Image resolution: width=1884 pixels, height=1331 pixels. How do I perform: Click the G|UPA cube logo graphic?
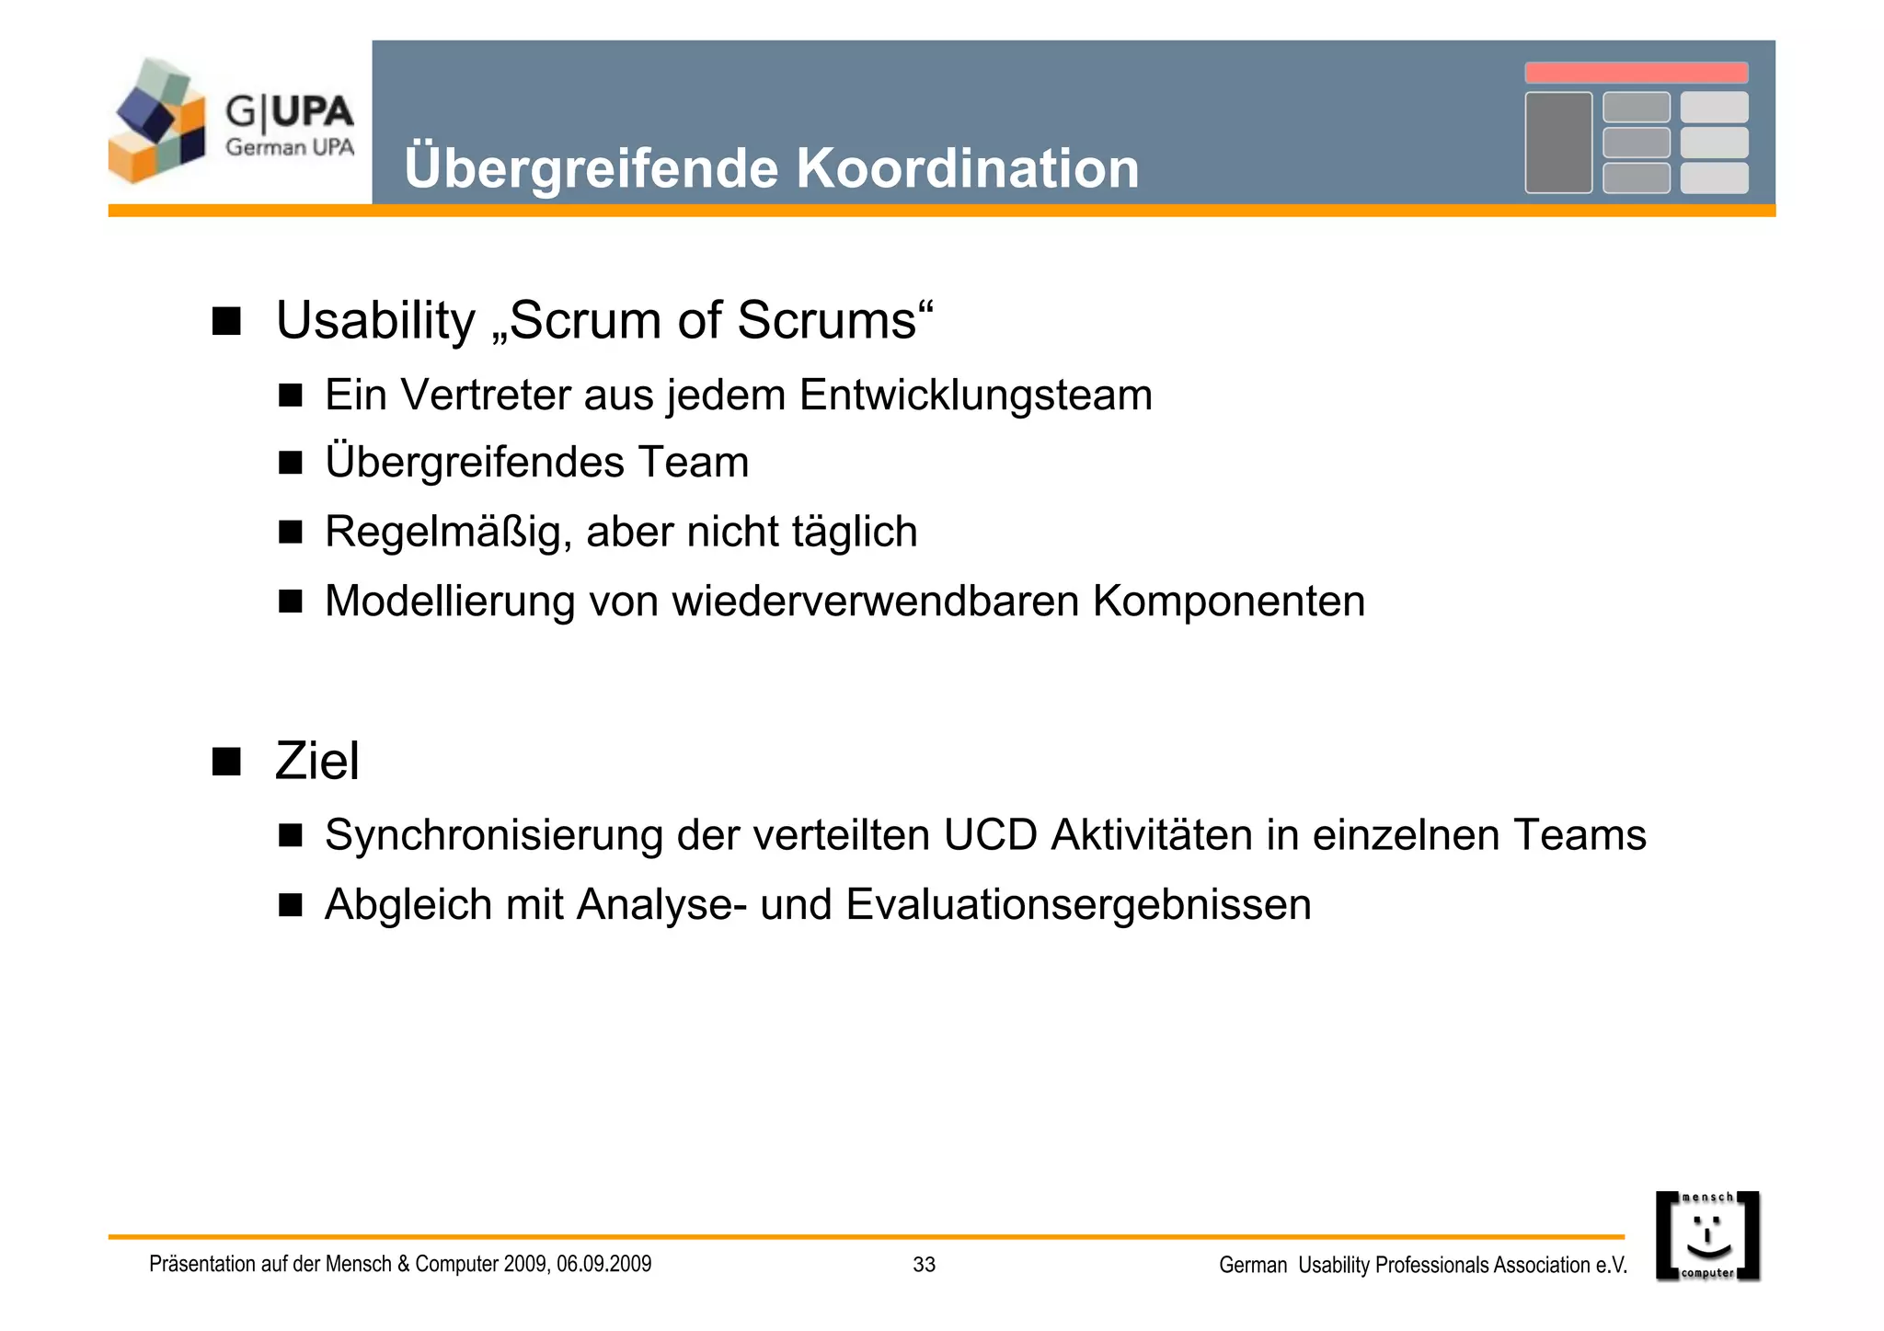(157, 120)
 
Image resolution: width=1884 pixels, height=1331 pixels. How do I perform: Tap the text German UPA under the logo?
(290, 147)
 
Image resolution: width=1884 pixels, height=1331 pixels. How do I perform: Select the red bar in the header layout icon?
(1636, 73)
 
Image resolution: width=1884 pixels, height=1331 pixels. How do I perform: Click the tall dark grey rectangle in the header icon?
(1558, 143)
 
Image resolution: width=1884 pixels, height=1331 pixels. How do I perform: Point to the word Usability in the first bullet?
(375, 321)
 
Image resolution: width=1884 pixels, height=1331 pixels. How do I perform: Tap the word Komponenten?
(1228, 602)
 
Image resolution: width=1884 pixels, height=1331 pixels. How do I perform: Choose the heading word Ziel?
(317, 762)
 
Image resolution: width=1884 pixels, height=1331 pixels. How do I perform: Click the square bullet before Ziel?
(226, 762)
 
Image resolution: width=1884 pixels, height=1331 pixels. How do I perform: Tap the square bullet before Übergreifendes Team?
(291, 463)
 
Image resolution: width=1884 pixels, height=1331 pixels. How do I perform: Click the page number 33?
(924, 1265)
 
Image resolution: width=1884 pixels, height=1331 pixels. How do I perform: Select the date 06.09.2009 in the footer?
(603, 1264)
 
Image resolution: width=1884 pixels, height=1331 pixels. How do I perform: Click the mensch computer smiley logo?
(1707, 1235)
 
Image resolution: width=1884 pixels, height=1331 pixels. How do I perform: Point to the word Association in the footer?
(1542, 1266)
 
